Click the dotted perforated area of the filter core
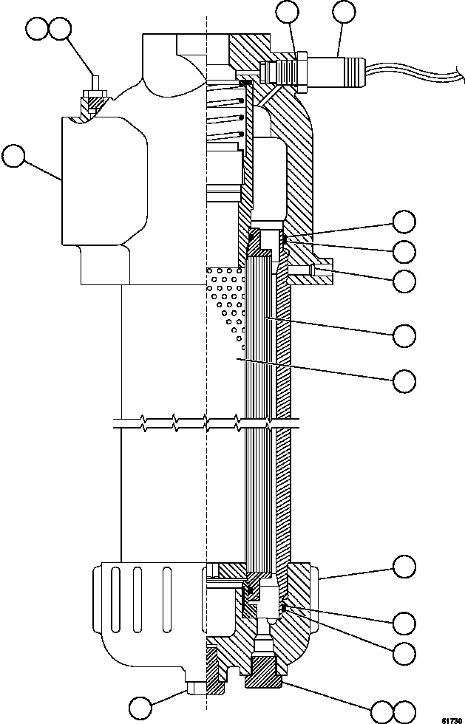(225, 303)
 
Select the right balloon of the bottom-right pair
(406, 711)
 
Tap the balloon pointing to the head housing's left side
(14, 157)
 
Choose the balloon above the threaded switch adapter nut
(288, 13)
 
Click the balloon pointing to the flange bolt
(404, 280)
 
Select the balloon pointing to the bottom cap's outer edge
(404, 567)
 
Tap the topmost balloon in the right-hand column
(404, 221)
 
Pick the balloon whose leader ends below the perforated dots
(404, 380)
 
